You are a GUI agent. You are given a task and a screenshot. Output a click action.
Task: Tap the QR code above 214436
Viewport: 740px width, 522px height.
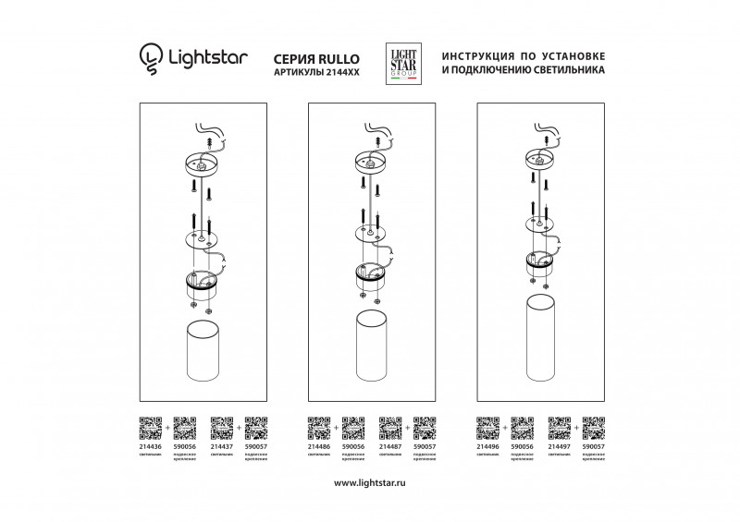[x=151, y=427]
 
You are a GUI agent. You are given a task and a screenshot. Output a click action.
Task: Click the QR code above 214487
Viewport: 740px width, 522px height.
[x=390, y=427]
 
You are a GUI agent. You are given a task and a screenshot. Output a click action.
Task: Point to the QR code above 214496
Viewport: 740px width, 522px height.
[x=487, y=427]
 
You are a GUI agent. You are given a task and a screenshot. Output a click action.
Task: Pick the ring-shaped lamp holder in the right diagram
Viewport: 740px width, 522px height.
[x=538, y=262]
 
